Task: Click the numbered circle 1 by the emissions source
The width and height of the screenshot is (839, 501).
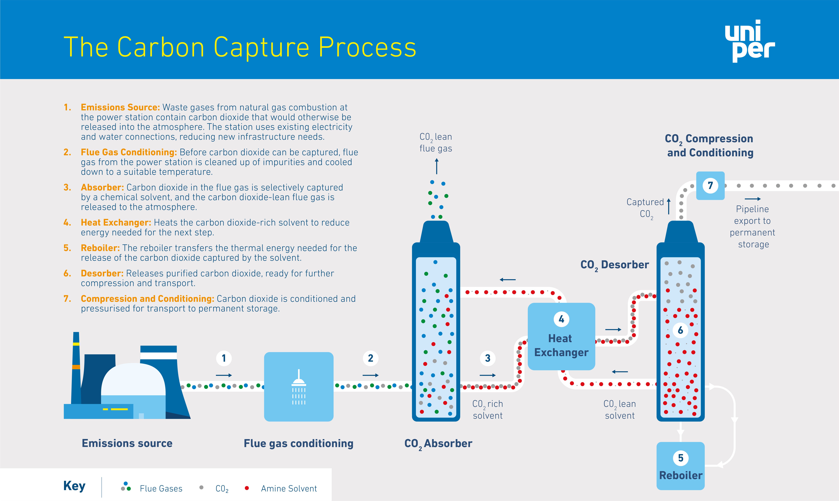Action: pyautogui.click(x=224, y=358)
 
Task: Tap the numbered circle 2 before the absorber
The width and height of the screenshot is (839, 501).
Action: pyautogui.click(x=370, y=358)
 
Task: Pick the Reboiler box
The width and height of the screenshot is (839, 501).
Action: pyautogui.click(x=681, y=466)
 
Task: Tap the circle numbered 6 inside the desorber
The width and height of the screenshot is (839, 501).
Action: pyautogui.click(x=681, y=330)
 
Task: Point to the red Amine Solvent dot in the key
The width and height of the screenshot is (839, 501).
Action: pyautogui.click(x=247, y=488)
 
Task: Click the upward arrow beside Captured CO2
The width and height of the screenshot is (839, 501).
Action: pyautogui.click(x=668, y=206)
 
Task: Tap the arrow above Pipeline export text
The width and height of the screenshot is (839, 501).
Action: pyautogui.click(x=752, y=199)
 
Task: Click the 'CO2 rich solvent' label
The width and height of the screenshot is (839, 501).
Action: pyautogui.click(x=488, y=409)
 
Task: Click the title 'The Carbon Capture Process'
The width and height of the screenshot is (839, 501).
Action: pyautogui.click(x=240, y=47)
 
